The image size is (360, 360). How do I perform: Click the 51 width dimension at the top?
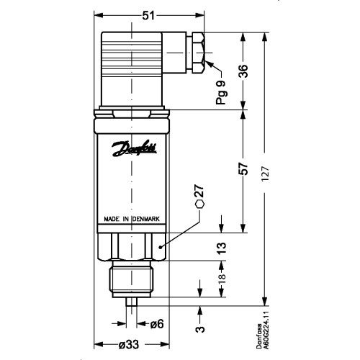(149, 16)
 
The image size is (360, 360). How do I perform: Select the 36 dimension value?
(243, 71)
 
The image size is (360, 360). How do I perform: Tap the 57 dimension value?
(243, 168)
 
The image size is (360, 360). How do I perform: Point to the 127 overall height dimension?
(266, 174)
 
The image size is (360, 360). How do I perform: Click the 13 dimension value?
(222, 248)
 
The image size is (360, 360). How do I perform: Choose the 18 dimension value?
(222, 279)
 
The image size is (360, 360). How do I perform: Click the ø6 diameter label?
(157, 324)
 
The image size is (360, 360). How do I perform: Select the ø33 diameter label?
(129, 345)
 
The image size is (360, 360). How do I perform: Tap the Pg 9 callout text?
(221, 93)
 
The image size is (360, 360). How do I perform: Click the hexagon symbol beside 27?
(200, 204)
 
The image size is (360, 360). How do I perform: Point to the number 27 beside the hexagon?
(199, 191)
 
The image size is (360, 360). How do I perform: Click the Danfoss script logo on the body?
(135, 148)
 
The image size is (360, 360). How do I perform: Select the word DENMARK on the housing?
(146, 219)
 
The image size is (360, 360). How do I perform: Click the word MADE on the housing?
(112, 219)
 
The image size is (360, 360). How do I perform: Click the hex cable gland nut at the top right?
(199, 53)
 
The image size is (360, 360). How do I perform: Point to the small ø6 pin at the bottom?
(132, 302)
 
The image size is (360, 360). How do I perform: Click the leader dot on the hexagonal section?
(161, 247)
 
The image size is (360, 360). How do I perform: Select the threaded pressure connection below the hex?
(132, 279)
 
